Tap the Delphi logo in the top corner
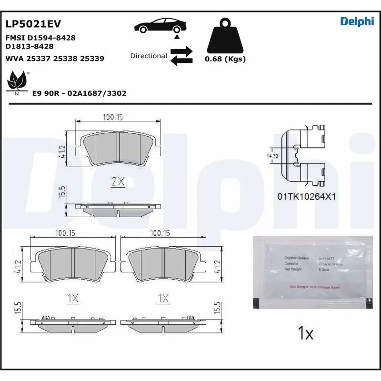(357, 21)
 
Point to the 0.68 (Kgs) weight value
(225, 60)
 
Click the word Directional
(149, 56)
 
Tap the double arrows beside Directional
(181, 56)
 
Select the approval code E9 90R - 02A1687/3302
(79, 93)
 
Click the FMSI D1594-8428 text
(40, 38)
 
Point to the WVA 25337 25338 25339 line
(54, 59)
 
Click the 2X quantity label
(118, 181)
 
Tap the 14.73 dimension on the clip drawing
(272, 156)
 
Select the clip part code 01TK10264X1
(307, 196)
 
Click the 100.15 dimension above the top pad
(113, 117)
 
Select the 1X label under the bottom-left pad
(72, 298)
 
